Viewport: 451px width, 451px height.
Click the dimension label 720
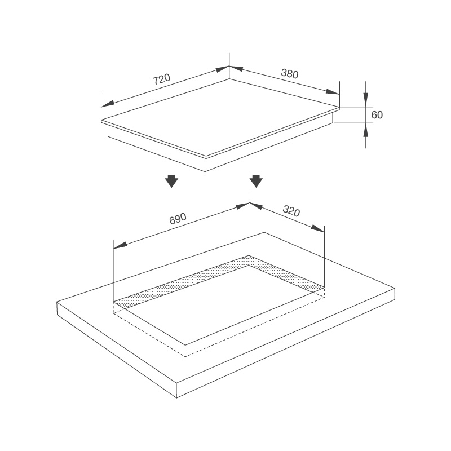tap(162, 79)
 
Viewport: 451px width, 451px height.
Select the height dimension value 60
tap(377, 115)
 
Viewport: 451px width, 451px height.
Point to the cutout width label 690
tap(178, 218)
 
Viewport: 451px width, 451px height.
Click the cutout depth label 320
tap(291, 211)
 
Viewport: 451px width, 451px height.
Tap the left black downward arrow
tap(172, 182)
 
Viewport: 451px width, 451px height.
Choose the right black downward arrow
tap(256, 182)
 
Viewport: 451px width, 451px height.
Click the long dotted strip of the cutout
tap(180, 280)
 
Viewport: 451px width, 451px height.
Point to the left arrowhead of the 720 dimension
tap(107, 104)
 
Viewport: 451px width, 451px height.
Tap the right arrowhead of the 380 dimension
tap(334, 91)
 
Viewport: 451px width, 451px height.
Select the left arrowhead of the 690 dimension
tap(120, 245)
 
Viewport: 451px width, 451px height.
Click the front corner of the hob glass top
tap(206, 156)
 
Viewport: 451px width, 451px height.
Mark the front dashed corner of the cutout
tap(185, 356)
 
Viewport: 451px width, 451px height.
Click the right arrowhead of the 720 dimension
tap(223, 70)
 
